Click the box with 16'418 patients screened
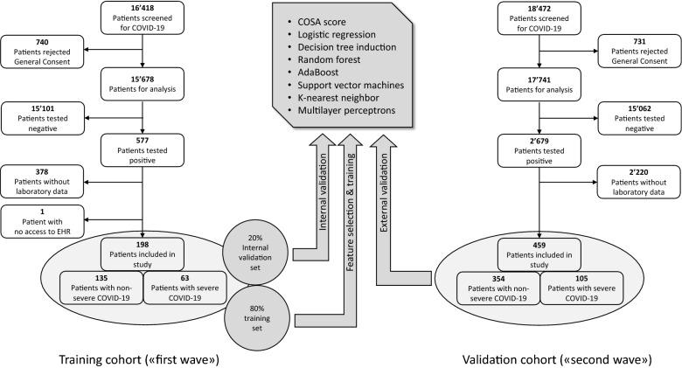pyautogui.click(x=143, y=18)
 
